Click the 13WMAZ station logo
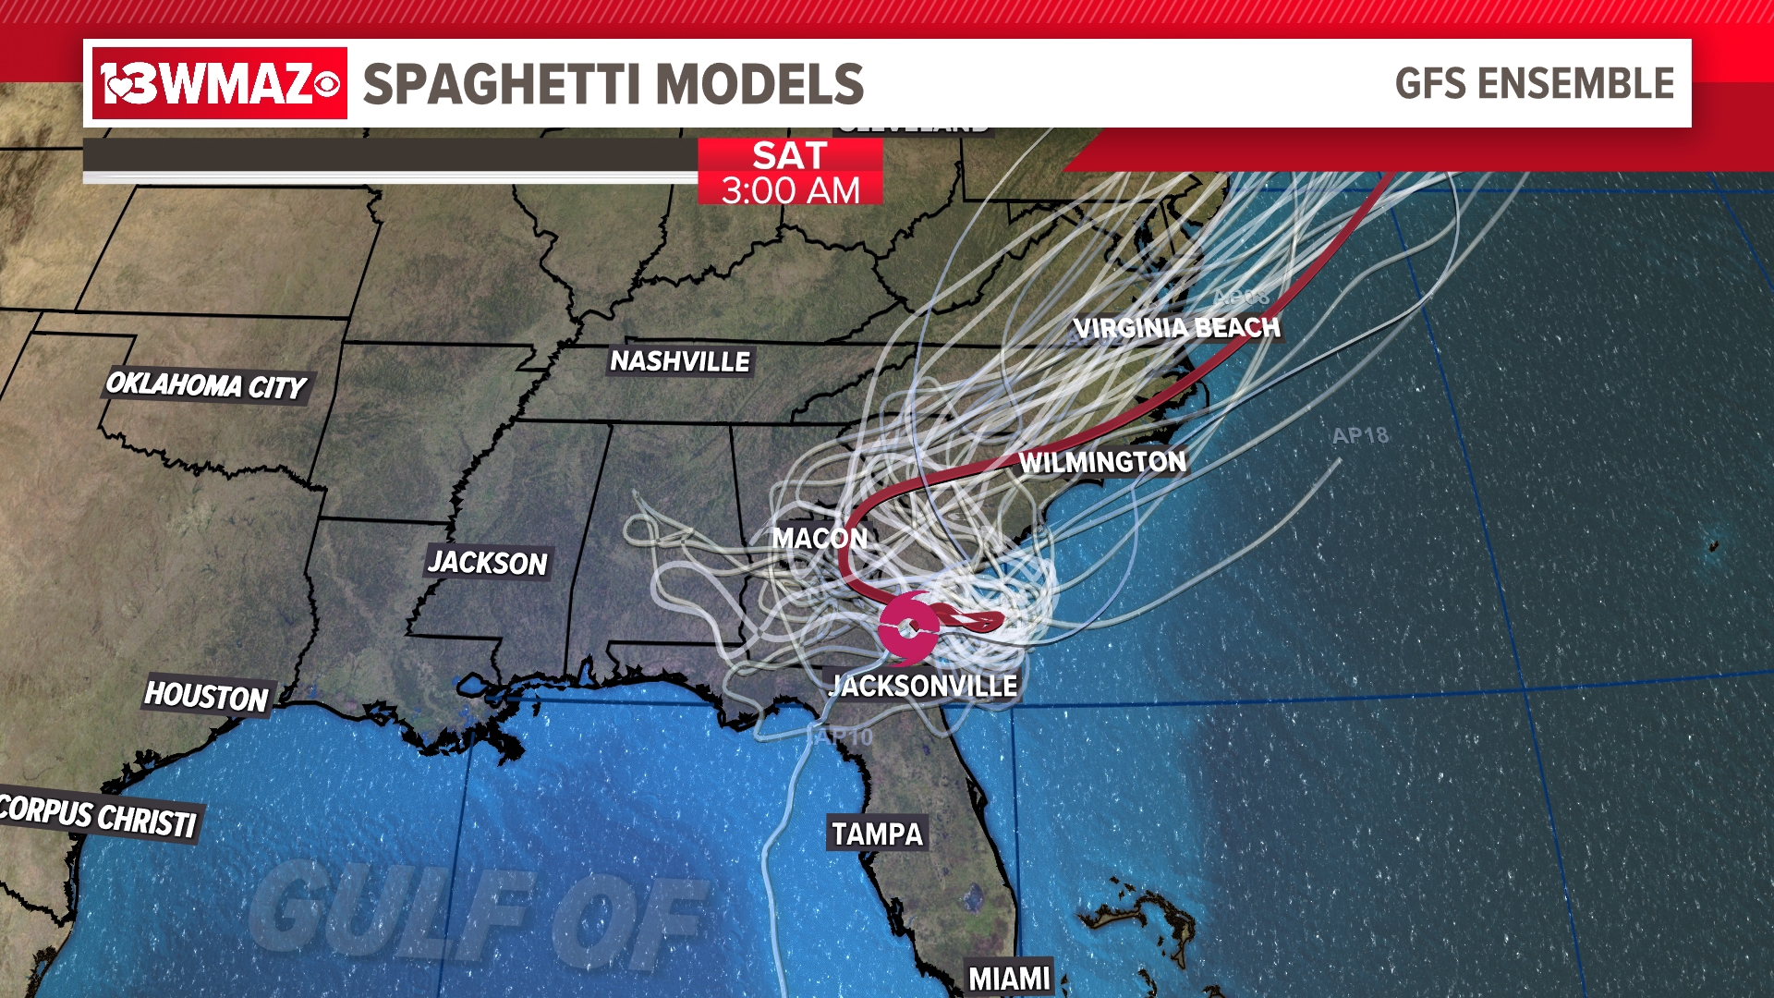pyautogui.click(x=220, y=84)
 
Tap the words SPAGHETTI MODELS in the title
pyautogui.click(x=613, y=84)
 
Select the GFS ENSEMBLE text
pyautogui.click(x=1534, y=84)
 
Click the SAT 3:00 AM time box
pyautogui.click(x=790, y=172)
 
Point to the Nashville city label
pyautogui.click(x=680, y=361)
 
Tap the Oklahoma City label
pyautogui.click(x=206, y=384)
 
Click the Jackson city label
pyautogui.click(x=488, y=562)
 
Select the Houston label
pyautogui.click(x=206, y=696)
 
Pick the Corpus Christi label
pyautogui.click(x=98, y=815)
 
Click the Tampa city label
pyautogui.click(x=877, y=834)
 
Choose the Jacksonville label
pyautogui.click(x=924, y=686)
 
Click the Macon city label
pyautogui.click(x=820, y=538)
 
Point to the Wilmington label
pyautogui.click(x=1102, y=462)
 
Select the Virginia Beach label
pyautogui.click(x=1176, y=328)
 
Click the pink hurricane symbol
pyautogui.click(x=909, y=628)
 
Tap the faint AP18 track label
pyautogui.click(x=1360, y=435)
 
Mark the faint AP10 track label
pyautogui.click(x=841, y=736)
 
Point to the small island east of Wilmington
pyautogui.click(x=1713, y=545)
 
